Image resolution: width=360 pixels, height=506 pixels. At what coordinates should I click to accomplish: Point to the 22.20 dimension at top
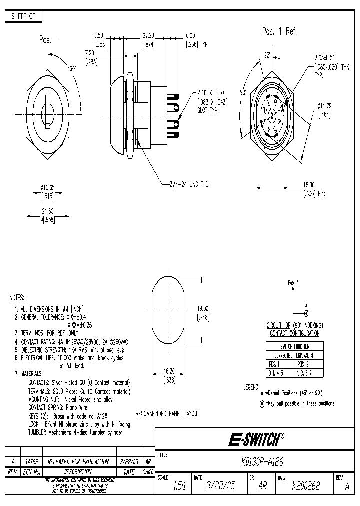[x=148, y=36]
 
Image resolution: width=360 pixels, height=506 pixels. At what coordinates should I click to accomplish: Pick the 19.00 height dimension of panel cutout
[x=202, y=309]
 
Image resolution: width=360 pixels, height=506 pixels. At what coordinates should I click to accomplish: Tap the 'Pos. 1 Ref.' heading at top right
[x=279, y=31]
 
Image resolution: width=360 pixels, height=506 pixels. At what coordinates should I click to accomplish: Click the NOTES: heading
[x=20, y=297]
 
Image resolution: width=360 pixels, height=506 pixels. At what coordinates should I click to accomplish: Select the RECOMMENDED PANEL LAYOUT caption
[x=168, y=414]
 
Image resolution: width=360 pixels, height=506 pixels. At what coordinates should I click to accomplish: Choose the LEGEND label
[x=250, y=387]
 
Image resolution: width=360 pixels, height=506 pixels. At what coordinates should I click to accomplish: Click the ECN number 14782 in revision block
[x=31, y=462]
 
